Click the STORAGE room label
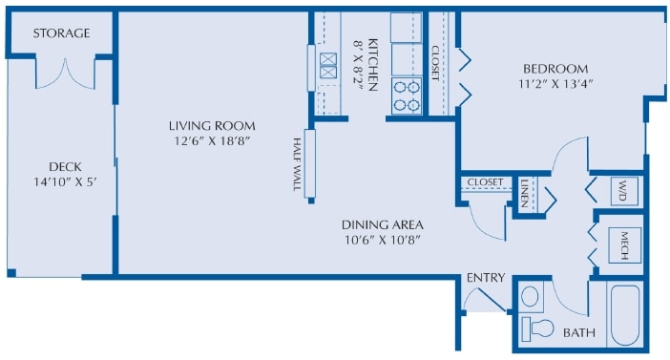point(61,33)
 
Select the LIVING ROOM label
point(212,126)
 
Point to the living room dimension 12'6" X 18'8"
point(212,142)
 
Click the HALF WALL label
point(298,164)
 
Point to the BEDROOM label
point(555,69)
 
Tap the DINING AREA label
point(382,224)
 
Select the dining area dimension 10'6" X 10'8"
point(382,241)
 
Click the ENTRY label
point(485,278)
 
